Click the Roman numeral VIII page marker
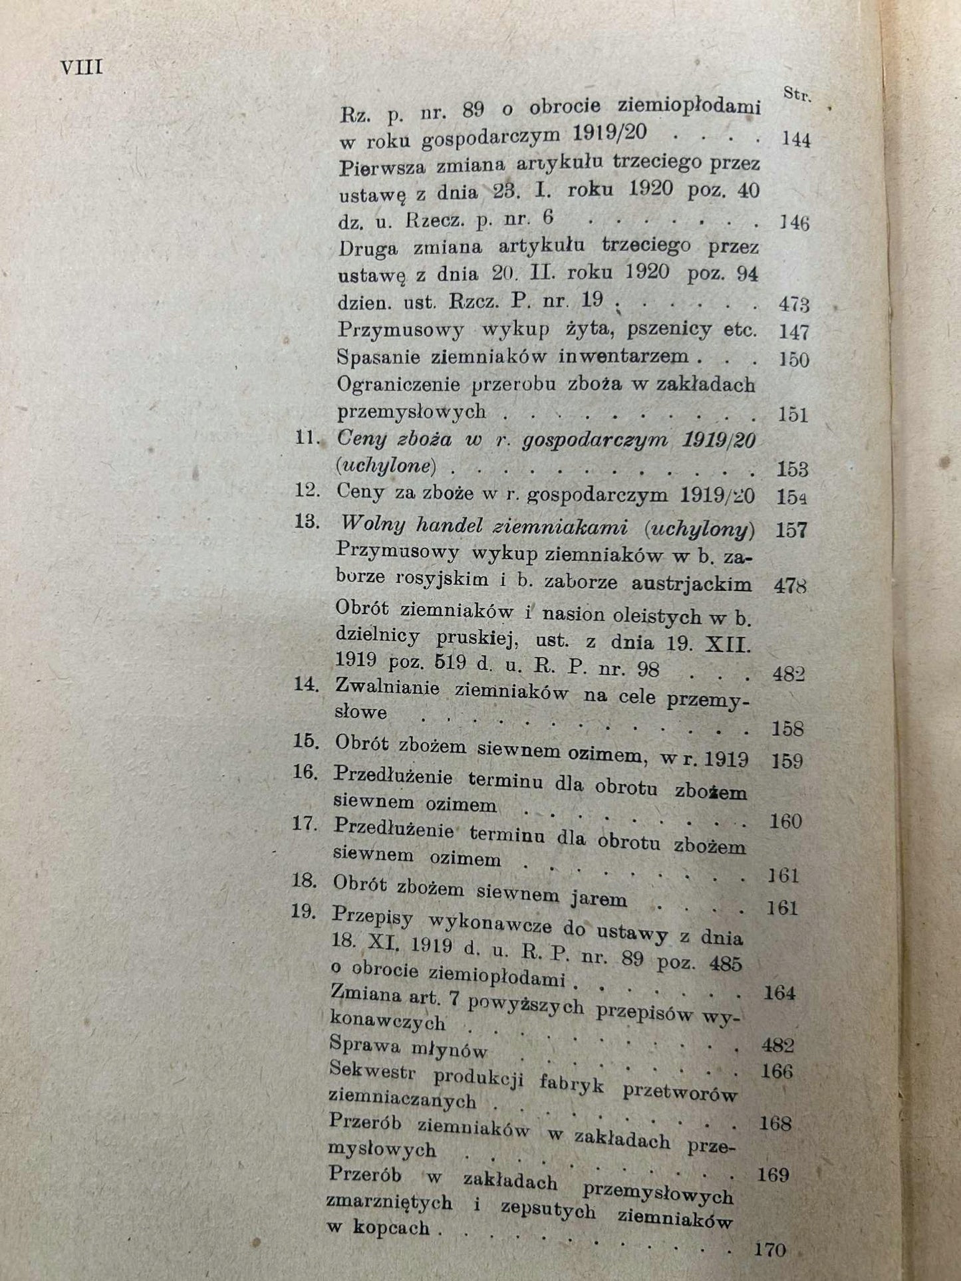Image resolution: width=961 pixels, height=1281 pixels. [x=81, y=67]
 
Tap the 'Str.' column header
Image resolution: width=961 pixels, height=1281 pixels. [x=797, y=95]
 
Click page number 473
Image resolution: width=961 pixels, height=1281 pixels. [x=793, y=305]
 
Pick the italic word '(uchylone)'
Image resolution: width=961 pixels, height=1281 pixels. [x=386, y=466]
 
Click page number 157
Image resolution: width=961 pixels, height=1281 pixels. [x=791, y=530]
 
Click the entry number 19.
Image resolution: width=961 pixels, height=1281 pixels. [x=303, y=911]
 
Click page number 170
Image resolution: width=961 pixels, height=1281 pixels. [x=771, y=1250]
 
